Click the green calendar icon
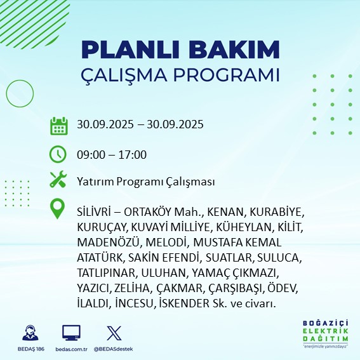58,125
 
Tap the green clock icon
58,154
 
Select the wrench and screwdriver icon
58,181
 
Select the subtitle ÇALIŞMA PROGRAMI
180,74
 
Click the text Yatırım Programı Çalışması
145,182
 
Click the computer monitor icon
71,333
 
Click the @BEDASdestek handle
114,349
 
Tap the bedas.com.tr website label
71,349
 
